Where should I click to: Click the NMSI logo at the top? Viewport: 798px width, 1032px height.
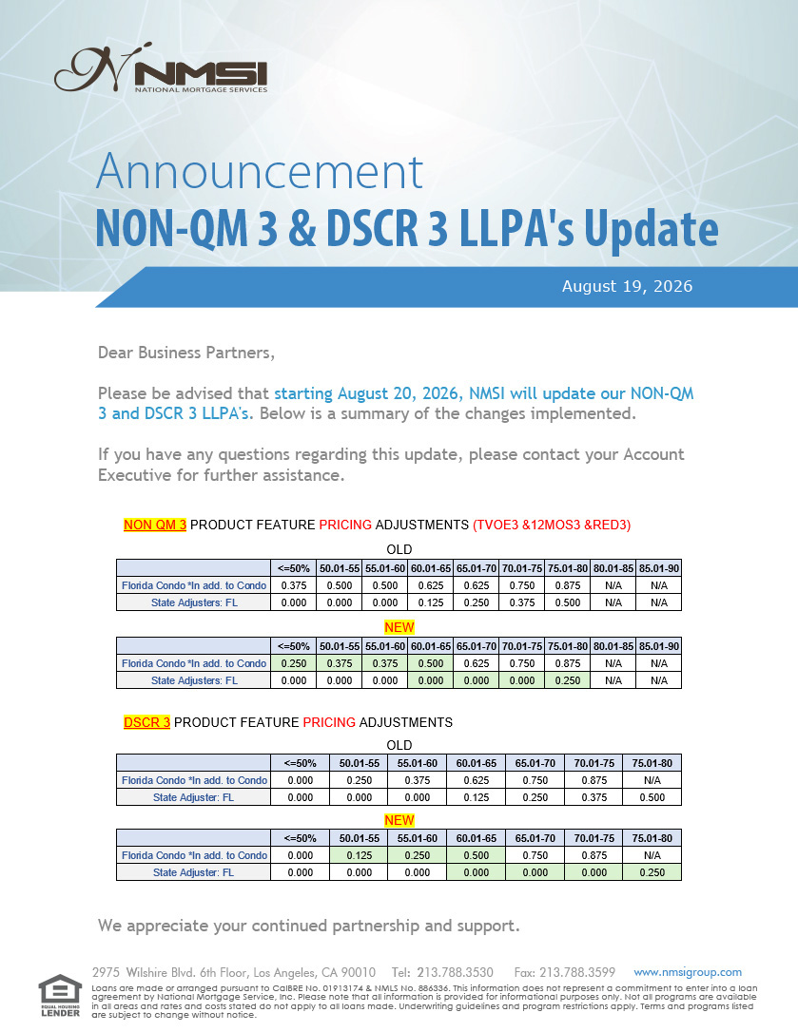161,68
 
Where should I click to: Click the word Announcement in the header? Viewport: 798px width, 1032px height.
260,172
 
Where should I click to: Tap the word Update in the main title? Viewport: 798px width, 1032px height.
652,230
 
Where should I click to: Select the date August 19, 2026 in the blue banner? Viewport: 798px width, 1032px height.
627,286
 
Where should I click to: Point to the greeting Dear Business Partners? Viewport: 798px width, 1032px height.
186,353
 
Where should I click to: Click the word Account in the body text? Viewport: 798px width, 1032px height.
653,454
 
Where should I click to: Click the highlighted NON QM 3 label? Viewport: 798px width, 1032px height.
155,525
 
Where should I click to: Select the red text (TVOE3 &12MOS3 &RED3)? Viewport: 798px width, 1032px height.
552,525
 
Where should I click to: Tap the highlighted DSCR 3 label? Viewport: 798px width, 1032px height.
146,722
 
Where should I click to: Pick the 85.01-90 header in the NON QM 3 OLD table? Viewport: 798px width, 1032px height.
659,568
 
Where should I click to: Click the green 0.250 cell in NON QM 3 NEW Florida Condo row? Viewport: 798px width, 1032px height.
294,663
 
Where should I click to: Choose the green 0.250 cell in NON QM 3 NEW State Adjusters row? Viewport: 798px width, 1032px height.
568,680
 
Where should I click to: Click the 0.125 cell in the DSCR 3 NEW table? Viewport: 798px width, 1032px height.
360,855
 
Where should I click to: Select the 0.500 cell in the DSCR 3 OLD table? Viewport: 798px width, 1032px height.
652,797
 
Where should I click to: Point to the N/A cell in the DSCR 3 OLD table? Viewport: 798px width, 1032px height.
652,780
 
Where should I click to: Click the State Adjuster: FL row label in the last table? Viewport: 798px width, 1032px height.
194,872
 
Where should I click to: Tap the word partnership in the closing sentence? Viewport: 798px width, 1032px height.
376,926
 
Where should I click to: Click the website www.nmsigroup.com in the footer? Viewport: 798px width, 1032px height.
688,972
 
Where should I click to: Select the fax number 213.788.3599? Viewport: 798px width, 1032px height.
577,972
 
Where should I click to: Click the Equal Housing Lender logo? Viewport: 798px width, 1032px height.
60,995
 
